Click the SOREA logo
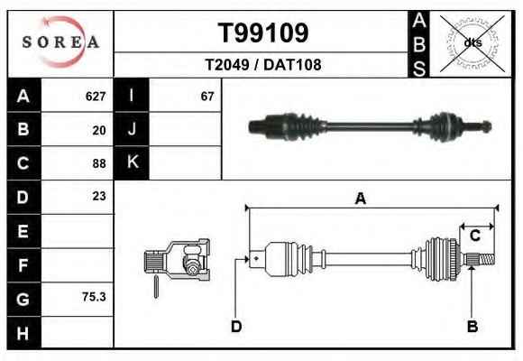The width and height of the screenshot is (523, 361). click(x=60, y=42)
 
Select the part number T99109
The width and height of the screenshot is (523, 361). click(x=263, y=32)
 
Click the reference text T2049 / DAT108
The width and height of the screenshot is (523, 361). click(x=263, y=65)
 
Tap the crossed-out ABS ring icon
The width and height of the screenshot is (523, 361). click(x=473, y=43)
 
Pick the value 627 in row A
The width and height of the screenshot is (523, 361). click(x=96, y=97)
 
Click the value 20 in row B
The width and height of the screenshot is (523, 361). click(x=99, y=130)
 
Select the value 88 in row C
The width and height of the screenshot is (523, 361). click(x=99, y=163)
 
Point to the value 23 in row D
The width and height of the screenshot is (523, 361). click(x=99, y=196)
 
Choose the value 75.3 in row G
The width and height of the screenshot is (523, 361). click(x=94, y=297)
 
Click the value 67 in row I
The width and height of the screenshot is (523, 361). click(x=207, y=97)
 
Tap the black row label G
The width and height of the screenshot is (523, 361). click(x=24, y=300)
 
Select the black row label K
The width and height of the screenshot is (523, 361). click(x=132, y=162)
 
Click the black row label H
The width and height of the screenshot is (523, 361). click(x=24, y=333)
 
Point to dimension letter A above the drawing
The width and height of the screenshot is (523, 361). click(x=361, y=199)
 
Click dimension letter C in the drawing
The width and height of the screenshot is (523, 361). click(x=475, y=236)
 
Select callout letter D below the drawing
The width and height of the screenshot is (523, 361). click(x=236, y=327)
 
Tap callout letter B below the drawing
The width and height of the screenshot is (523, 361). click(x=473, y=327)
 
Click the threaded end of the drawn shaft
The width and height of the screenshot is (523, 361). click(x=487, y=259)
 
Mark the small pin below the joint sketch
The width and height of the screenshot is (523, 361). click(x=156, y=286)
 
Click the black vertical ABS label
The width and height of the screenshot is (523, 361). click(x=419, y=44)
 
